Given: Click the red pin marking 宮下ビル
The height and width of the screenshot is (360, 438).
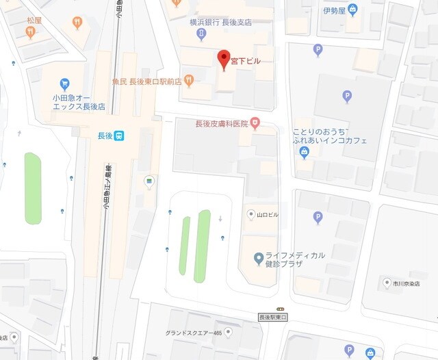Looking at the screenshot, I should click(x=223, y=59).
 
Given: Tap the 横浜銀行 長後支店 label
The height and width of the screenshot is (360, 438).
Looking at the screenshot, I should click(x=220, y=22).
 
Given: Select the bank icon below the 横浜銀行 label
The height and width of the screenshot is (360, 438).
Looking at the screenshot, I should click(x=201, y=34).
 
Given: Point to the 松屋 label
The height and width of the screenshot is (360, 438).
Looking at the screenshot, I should click(x=34, y=21).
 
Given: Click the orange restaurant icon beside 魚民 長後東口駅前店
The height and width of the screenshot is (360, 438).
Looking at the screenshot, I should click(x=189, y=81).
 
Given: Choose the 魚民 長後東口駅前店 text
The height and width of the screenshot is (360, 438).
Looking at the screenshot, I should click(x=146, y=81).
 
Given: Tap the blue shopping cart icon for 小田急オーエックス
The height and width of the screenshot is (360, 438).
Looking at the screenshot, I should click(x=65, y=83).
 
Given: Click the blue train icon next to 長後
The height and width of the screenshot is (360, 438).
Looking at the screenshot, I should click(x=119, y=136).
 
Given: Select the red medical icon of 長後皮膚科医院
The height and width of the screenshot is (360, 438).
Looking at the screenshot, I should click(x=255, y=124).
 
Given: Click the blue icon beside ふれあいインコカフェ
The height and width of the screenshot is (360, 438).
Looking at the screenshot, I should click(x=305, y=152).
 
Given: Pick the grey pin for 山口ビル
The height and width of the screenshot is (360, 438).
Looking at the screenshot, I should click(x=250, y=215).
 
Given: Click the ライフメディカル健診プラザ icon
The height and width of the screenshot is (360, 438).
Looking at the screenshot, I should click(x=258, y=258).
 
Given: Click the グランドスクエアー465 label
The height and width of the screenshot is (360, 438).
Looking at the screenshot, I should click(x=193, y=333).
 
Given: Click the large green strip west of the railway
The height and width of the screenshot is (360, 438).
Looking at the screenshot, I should click(x=33, y=188).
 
